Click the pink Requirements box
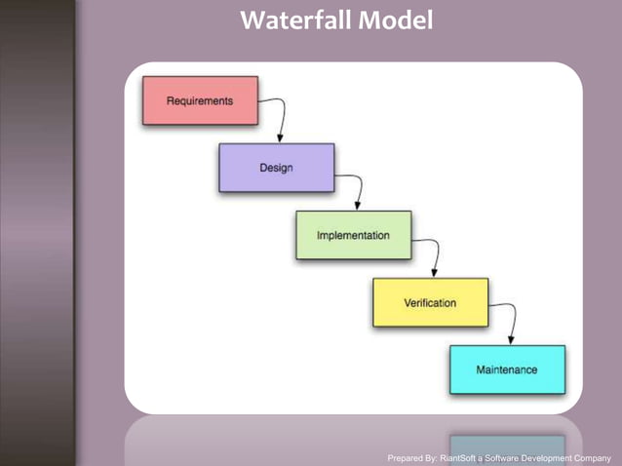coord(200,100)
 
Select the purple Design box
coord(276,168)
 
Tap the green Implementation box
coord(353,235)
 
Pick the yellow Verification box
coord(430,302)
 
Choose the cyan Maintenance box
coord(506,369)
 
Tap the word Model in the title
coord(395,19)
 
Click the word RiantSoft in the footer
coord(463,457)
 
